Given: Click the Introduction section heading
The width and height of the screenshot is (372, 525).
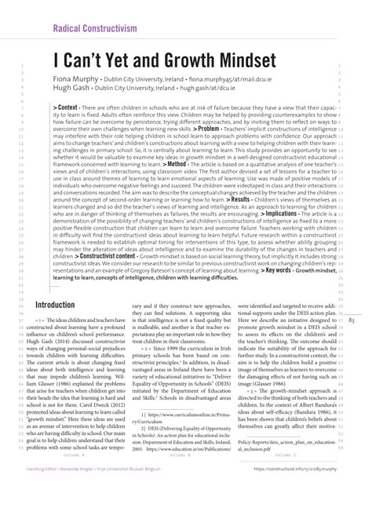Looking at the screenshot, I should pyautogui.click(x=65, y=304).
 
